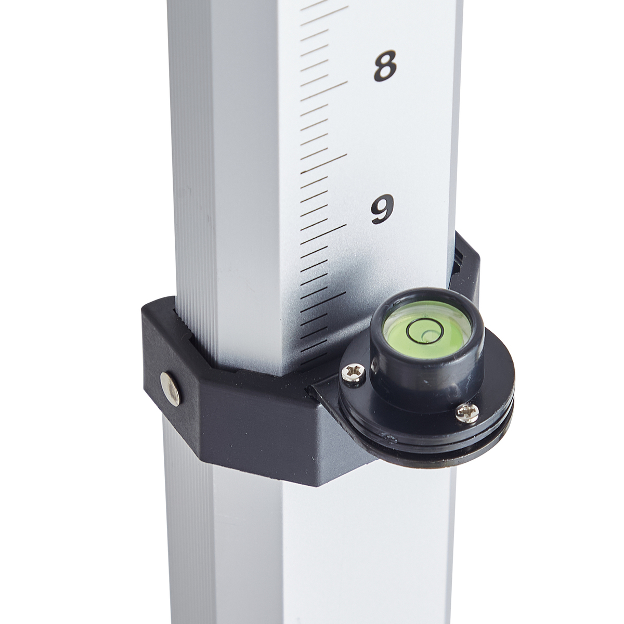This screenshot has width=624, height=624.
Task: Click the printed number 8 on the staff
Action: point(385,66)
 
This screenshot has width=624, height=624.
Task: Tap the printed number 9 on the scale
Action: point(382,209)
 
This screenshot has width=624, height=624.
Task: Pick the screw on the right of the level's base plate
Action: point(467,413)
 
